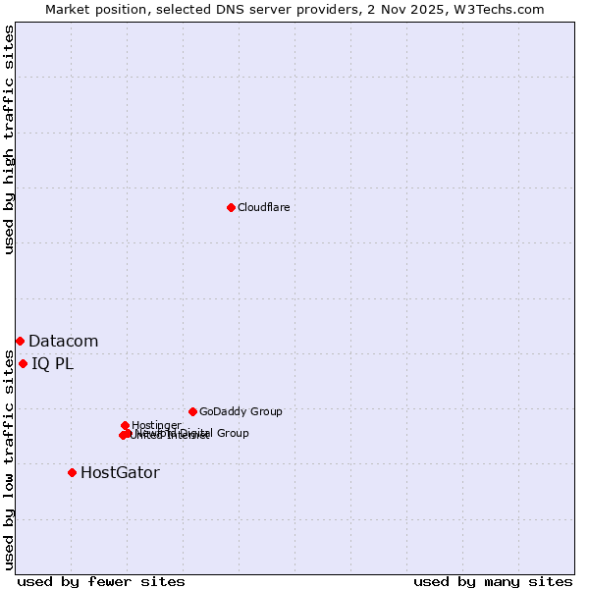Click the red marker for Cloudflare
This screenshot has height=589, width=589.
231,207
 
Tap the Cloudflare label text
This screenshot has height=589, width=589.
263,207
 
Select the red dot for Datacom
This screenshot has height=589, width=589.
20,341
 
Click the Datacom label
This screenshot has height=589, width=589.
63,342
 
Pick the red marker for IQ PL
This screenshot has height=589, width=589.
23,363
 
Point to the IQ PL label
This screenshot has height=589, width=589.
52,364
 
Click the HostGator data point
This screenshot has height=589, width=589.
72,472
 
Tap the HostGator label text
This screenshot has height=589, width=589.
120,473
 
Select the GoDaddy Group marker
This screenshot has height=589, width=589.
192,411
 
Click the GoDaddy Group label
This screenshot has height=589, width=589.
241,412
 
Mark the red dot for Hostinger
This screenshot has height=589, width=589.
125,425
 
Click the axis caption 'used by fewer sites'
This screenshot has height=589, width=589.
101,581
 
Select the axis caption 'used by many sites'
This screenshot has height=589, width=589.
493,581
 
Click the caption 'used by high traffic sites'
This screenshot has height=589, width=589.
9,140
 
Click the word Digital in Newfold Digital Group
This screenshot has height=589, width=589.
195,433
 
